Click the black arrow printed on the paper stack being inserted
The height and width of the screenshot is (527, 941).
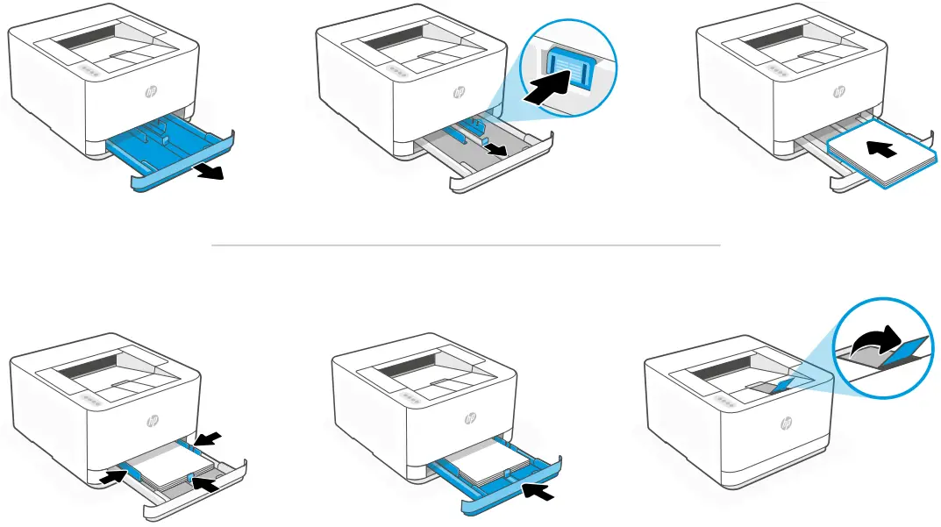pyautogui.click(x=886, y=151)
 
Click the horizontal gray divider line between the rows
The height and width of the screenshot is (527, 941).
pyautogui.click(x=466, y=246)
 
